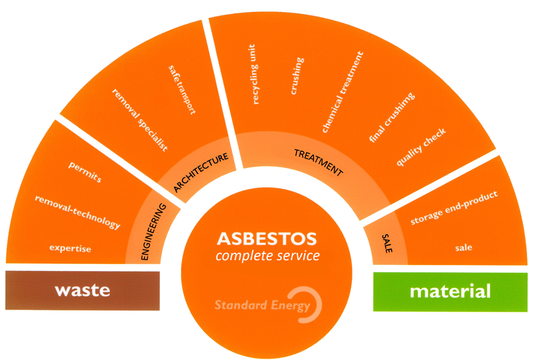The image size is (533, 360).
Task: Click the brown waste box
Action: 82,290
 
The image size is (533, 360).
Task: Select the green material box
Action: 450,291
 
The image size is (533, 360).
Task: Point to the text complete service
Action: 267,256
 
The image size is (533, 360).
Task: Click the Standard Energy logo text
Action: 262,306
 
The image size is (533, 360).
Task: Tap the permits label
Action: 85,172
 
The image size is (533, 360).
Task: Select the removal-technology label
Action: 77,211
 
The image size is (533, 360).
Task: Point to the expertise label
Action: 70,249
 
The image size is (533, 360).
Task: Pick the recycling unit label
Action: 255,75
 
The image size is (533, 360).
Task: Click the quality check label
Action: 421,148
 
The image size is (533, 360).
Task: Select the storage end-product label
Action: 454,207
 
